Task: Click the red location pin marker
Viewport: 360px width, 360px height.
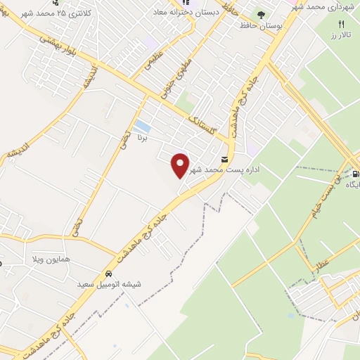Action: tap(181, 165)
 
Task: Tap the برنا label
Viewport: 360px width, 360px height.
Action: tap(142, 139)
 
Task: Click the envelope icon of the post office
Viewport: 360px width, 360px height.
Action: tap(224, 160)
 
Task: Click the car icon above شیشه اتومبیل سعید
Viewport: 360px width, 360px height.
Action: tap(108, 274)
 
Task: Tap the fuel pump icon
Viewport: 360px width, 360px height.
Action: tap(355, 173)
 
